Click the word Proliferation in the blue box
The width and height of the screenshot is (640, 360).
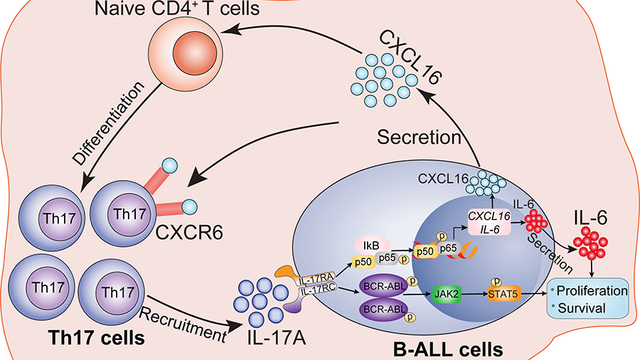click(591, 291)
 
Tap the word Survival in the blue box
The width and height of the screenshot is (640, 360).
click(582, 308)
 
